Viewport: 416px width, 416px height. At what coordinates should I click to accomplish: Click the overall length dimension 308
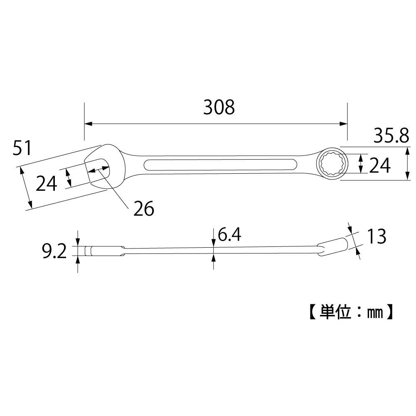219,108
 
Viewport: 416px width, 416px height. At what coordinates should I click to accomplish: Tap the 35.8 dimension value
391,135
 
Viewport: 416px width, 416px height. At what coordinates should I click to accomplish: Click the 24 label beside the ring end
380,165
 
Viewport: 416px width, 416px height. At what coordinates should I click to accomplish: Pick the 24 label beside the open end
47,183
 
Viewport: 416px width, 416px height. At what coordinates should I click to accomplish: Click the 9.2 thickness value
54,251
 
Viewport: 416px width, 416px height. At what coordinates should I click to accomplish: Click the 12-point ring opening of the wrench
331,164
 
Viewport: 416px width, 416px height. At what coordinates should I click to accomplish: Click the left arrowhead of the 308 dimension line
88,123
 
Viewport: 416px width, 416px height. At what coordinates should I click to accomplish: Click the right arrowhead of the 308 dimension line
344,123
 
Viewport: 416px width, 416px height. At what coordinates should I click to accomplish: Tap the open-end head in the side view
105,251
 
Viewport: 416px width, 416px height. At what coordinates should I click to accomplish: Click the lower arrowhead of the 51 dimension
30,204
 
